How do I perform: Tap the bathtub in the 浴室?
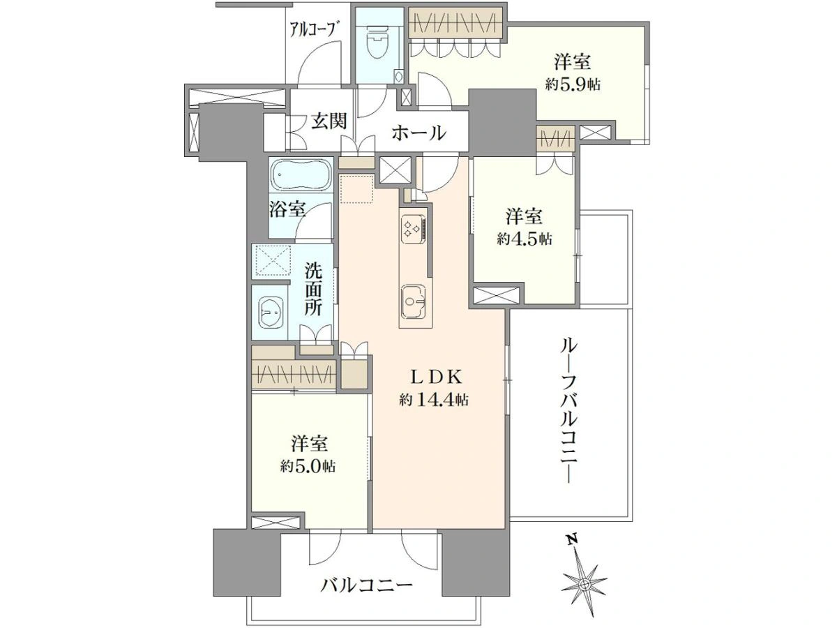click(301, 174)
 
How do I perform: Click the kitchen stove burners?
click(413, 227)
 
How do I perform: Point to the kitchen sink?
click(414, 301)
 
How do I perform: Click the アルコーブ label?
click(315, 29)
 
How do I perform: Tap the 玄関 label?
click(329, 121)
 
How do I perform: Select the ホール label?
click(418, 133)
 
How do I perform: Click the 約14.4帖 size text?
click(435, 400)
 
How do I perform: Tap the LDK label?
click(436, 377)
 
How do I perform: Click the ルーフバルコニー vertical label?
click(568, 412)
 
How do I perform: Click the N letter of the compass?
click(571, 539)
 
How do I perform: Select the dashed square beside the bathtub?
click(356, 190)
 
